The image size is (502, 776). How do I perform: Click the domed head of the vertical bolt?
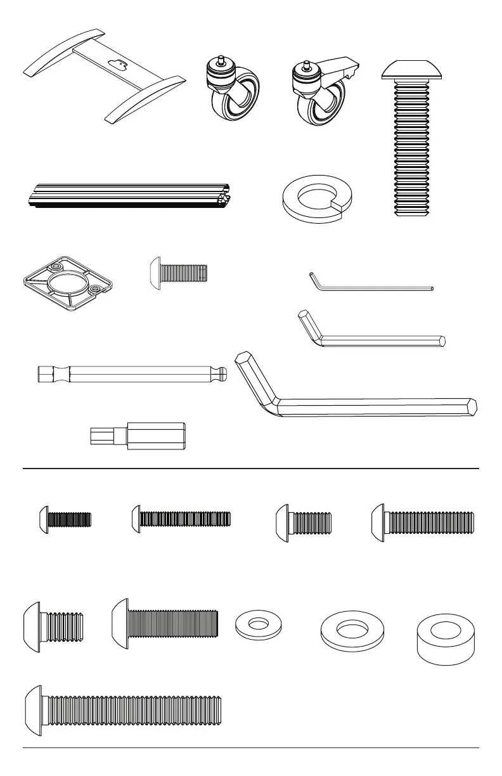411,70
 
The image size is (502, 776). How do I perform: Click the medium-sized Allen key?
380,340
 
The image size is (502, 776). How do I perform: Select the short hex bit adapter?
138,436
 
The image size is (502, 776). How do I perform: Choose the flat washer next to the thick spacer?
344,631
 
